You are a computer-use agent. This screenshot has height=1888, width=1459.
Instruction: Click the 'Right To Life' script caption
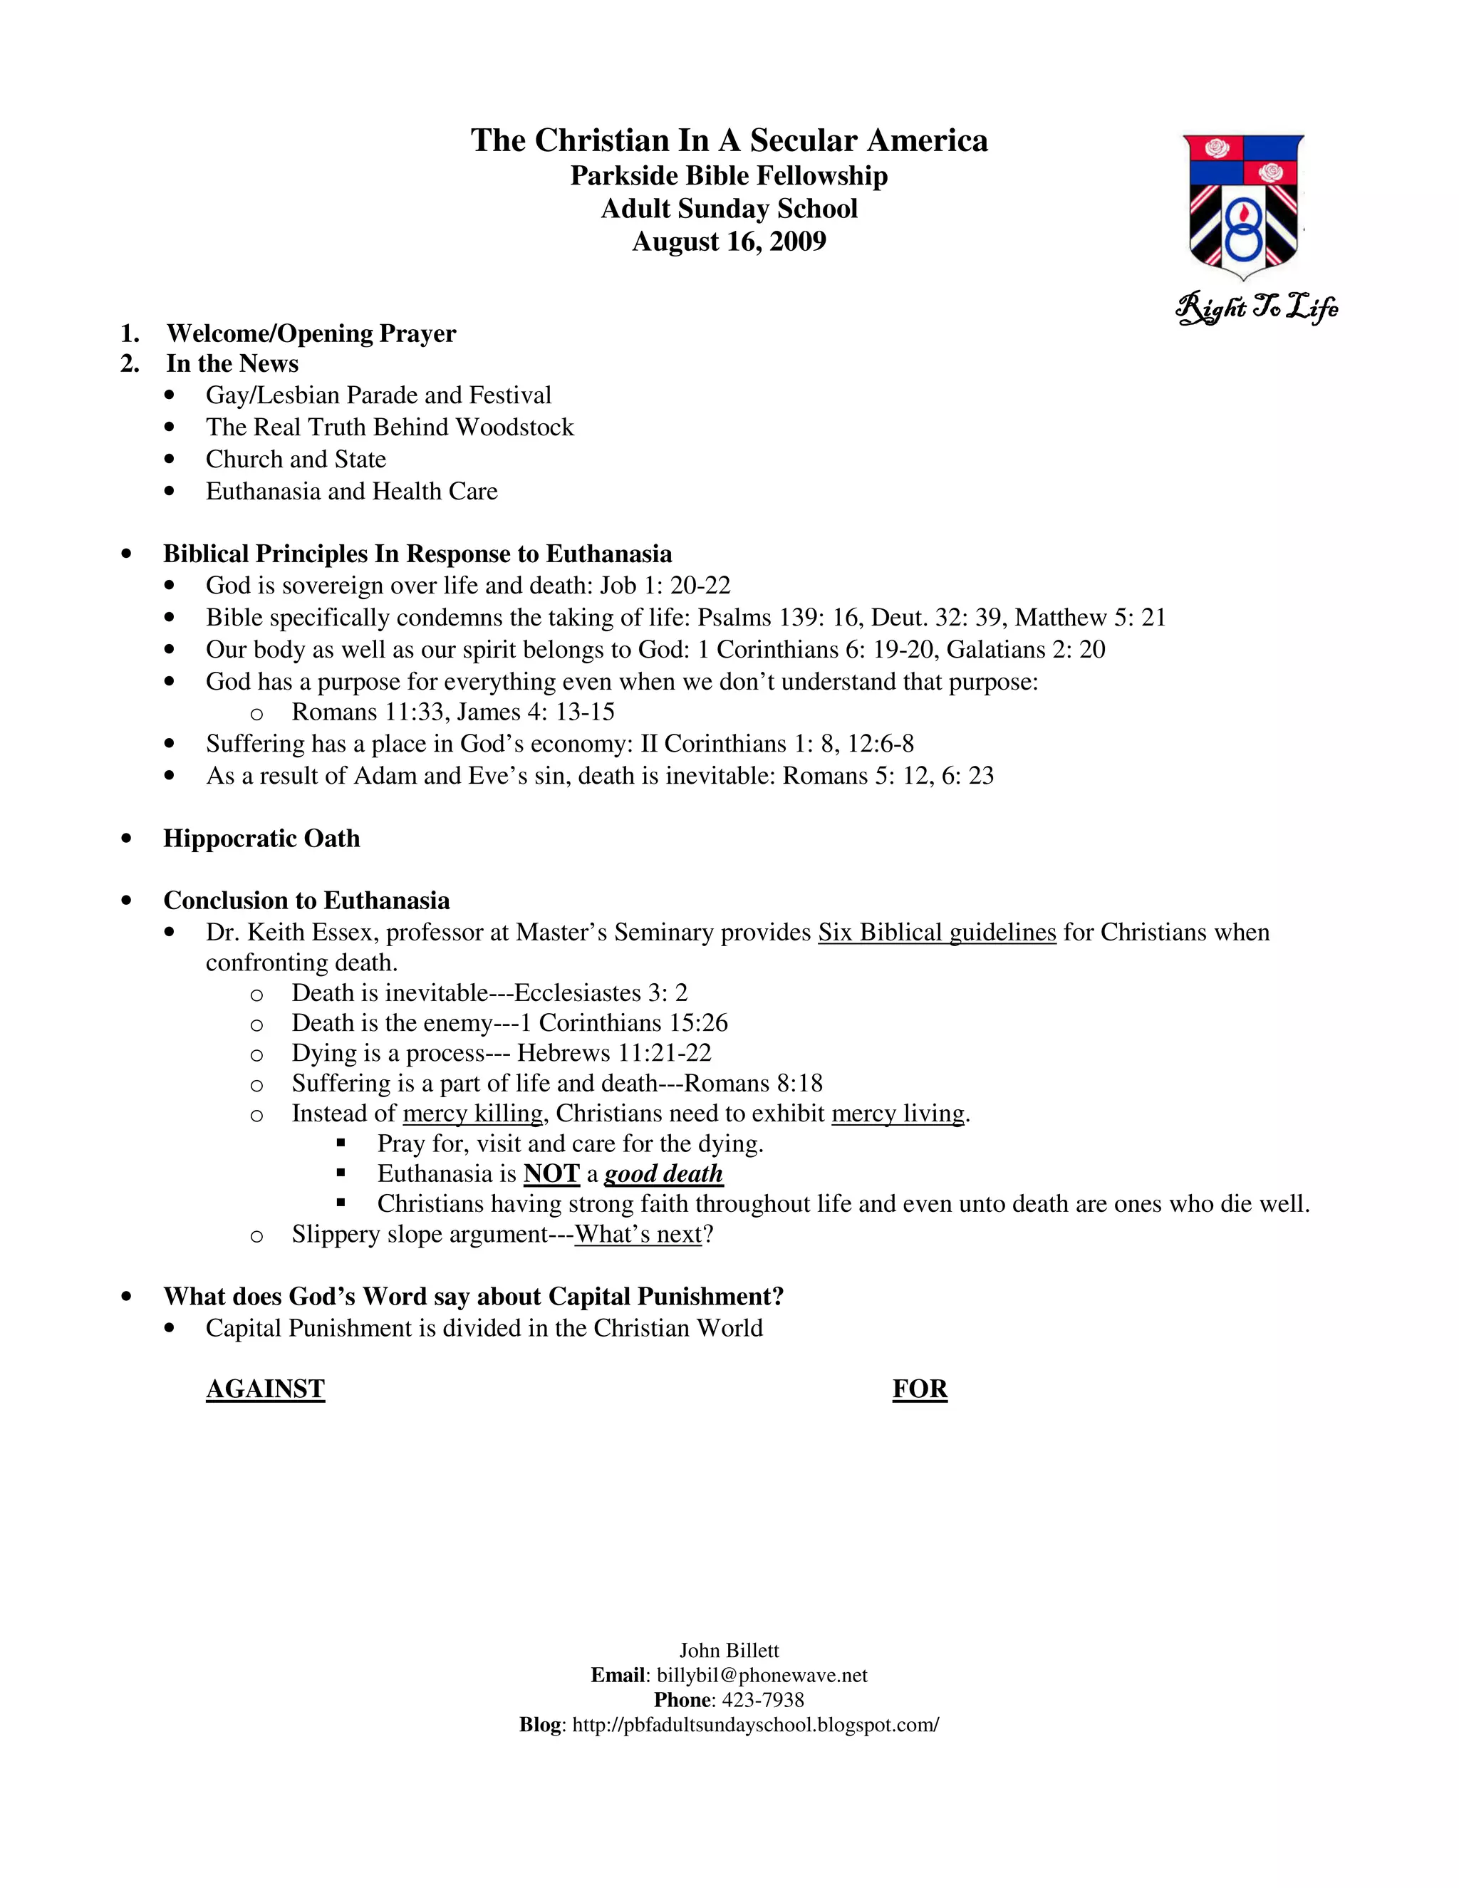coord(1257,307)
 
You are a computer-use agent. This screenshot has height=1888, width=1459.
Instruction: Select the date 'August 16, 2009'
coord(729,242)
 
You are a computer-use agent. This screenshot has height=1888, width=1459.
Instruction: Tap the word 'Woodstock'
coord(514,427)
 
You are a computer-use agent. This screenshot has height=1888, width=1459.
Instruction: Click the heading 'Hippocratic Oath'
coord(261,839)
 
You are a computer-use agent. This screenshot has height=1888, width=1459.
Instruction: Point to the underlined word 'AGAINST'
coord(265,1389)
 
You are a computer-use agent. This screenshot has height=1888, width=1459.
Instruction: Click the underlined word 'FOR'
coord(920,1389)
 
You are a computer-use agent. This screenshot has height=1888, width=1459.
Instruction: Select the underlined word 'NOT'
coord(551,1174)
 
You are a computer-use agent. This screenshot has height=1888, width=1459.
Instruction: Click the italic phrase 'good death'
coord(663,1174)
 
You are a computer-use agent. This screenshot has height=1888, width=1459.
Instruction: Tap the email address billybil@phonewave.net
coord(762,1676)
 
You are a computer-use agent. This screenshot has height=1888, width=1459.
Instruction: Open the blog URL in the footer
coord(755,1726)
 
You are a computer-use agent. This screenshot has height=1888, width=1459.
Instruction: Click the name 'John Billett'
coord(729,1650)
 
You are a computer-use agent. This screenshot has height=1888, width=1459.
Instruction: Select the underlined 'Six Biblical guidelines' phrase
coord(937,933)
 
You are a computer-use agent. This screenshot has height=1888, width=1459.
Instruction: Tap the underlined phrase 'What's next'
coord(639,1235)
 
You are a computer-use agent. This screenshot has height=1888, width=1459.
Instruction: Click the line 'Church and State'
coord(296,459)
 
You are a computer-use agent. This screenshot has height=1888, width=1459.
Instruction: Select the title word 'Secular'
coord(804,141)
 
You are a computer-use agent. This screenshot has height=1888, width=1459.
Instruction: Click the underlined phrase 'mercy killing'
coord(473,1114)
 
